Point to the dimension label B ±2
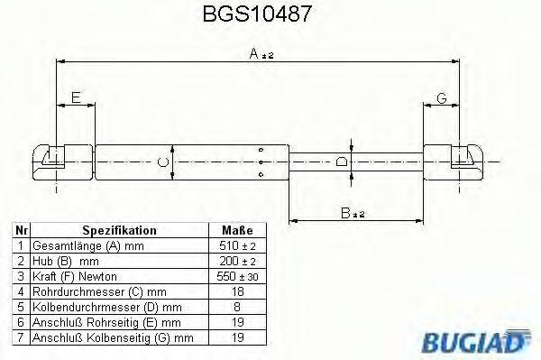[353, 213]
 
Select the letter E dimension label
[76, 97]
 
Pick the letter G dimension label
[441, 97]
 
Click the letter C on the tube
[161, 162]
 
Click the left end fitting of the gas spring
[49, 162]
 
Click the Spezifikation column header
[119, 230]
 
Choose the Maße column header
[236, 230]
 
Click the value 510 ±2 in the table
[237, 245]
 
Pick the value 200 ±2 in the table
[237, 260]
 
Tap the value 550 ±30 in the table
[237, 275]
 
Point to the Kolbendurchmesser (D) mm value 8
[237, 306]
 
